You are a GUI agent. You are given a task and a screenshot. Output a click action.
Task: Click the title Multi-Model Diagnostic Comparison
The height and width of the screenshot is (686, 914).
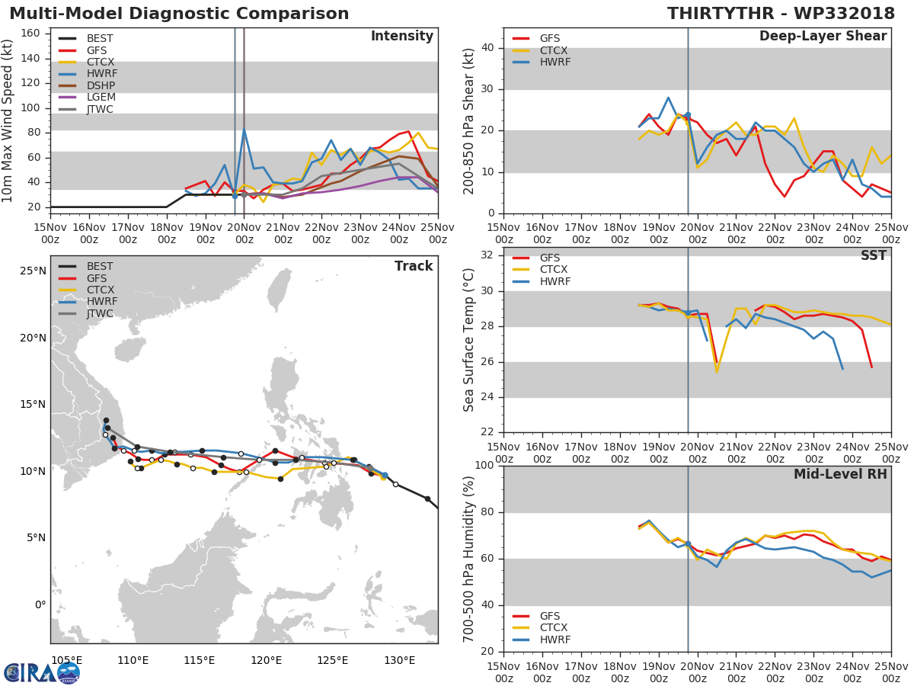click(x=179, y=14)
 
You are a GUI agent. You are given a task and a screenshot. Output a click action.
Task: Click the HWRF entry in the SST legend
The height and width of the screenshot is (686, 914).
click(x=555, y=281)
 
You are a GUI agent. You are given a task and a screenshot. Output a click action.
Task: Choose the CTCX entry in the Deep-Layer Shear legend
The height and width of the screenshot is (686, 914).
click(x=553, y=50)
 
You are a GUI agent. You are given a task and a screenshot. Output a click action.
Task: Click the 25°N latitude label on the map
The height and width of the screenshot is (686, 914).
click(x=34, y=271)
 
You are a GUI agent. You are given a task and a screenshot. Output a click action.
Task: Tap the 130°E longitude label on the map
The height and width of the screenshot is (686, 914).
click(x=399, y=660)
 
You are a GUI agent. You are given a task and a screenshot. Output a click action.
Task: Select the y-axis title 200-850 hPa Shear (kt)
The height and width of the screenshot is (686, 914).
click(x=469, y=120)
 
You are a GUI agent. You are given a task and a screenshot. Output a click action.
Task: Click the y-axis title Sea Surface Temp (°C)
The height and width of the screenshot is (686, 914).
click(x=469, y=340)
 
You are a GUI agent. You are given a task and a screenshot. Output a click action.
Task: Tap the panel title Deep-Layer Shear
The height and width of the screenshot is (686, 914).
click(x=823, y=37)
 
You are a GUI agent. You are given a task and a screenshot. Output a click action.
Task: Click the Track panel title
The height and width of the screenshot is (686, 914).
click(x=414, y=266)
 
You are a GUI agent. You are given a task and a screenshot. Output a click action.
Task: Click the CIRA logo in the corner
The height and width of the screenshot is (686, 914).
click(x=42, y=672)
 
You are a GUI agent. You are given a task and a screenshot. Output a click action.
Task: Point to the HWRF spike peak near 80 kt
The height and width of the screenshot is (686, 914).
click(x=244, y=130)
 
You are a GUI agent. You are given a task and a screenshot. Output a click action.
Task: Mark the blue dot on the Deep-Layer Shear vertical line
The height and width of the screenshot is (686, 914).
click(x=688, y=115)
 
